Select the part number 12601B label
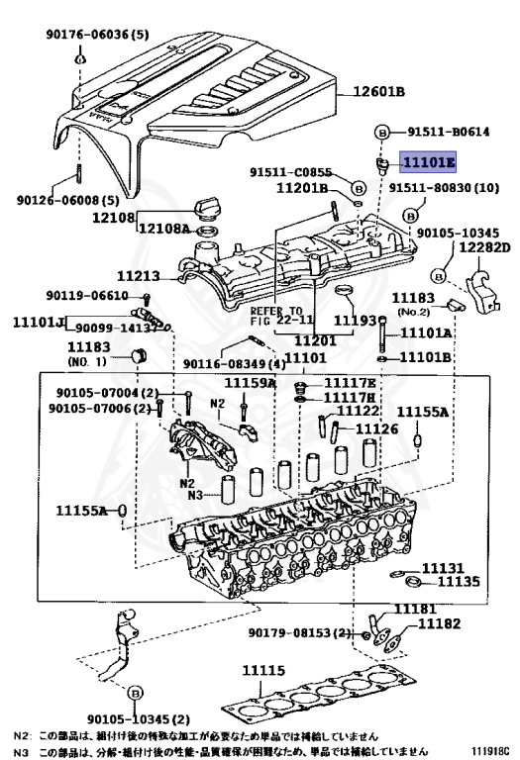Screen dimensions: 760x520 pos(372,92)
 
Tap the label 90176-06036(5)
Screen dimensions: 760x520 pos(96,35)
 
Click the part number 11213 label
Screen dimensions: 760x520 pos(138,279)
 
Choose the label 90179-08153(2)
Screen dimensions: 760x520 pos(300,633)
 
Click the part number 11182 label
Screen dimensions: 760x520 pos(439,623)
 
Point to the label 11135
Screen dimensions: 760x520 pos(459,581)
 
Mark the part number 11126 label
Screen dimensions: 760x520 pos(376,428)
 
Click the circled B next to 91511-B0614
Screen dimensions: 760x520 pos(379,132)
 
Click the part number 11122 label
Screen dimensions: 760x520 pos(359,411)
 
